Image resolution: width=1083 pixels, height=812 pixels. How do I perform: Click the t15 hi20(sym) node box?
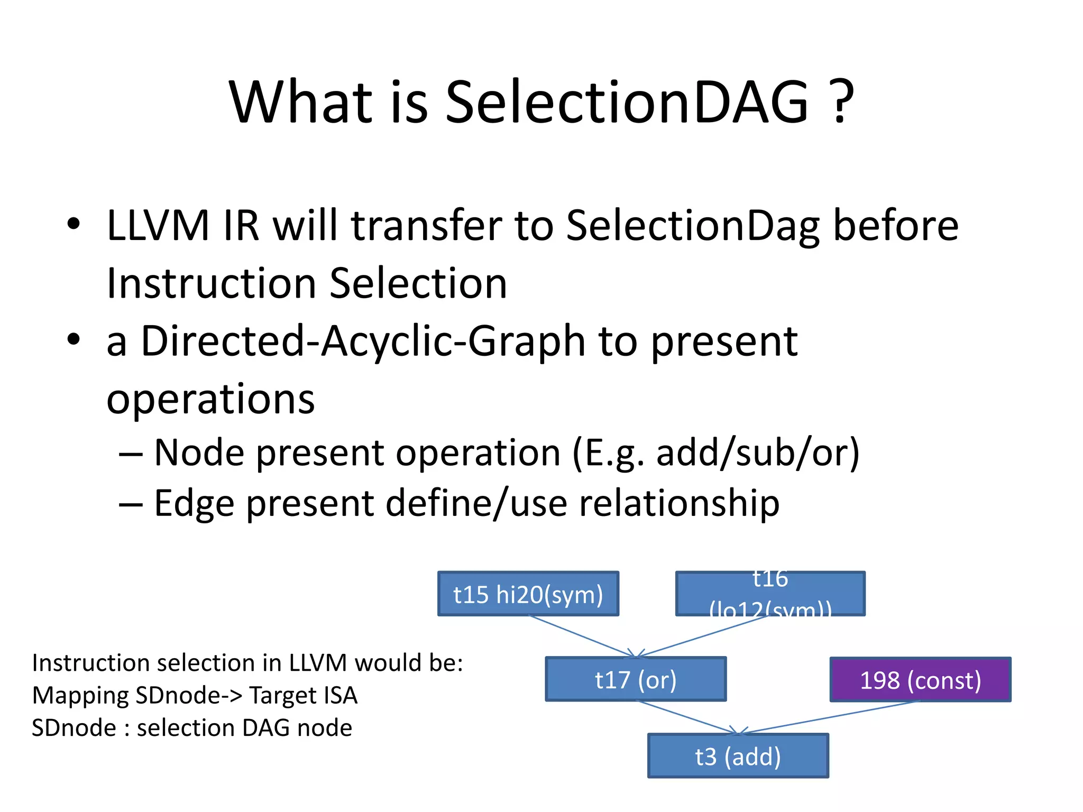coord(528,594)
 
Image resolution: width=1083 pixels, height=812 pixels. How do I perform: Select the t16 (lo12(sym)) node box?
coord(770,594)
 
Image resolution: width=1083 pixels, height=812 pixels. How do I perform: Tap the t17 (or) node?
coord(636,679)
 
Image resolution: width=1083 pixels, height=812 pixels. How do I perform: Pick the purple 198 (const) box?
coord(920,680)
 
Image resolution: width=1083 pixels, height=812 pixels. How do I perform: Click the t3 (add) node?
coord(738,756)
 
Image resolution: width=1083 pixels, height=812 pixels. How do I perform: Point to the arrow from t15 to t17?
coord(582,636)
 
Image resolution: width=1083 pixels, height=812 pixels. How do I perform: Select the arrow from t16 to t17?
coord(703,636)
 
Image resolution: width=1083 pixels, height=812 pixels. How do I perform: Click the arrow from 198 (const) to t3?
coord(830,717)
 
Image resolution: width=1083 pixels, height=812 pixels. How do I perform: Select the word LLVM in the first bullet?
coord(158,226)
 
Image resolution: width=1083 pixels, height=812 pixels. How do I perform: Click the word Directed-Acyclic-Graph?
coord(363,342)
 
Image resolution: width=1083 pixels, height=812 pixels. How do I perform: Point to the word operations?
coord(210,399)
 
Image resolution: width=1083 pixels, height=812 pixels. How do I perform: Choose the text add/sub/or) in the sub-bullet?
coord(758,453)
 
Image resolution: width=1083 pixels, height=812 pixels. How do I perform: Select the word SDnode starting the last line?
coord(74,728)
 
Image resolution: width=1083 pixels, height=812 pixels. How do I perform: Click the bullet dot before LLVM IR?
coord(74,224)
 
